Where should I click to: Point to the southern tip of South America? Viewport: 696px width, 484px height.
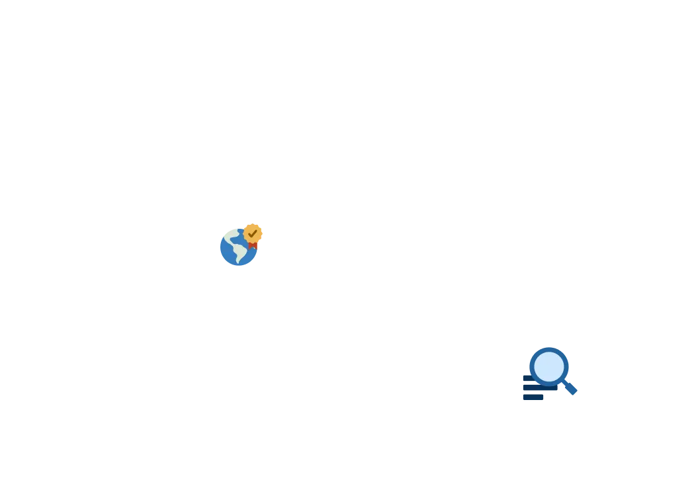point(238,261)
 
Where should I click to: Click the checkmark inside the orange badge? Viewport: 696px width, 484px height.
point(253,233)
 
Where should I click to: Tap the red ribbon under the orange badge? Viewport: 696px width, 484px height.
point(253,245)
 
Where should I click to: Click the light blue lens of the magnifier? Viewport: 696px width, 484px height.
point(549,366)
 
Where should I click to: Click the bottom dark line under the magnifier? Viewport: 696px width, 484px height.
point(533,398)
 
